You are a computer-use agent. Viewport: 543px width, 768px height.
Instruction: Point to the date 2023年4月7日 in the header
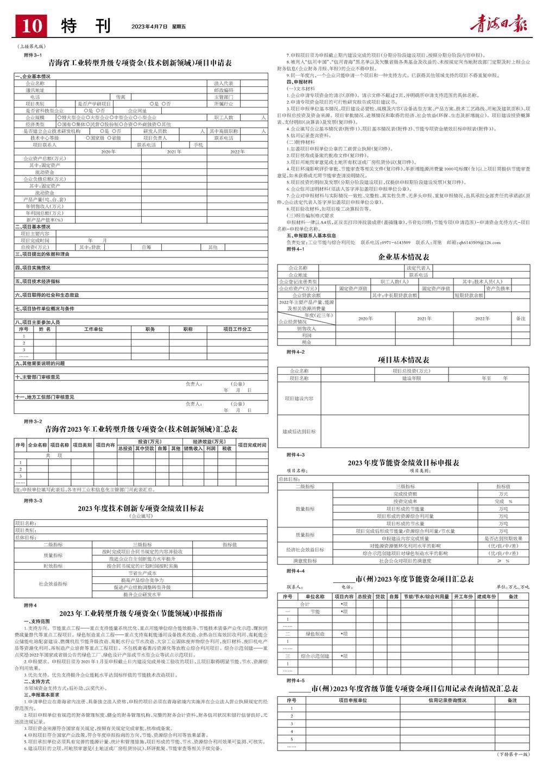tap(150, 26)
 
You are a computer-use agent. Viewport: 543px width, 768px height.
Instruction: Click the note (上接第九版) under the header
tap(32, 47)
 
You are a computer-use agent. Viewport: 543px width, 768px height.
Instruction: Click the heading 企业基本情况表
tap(404, 256)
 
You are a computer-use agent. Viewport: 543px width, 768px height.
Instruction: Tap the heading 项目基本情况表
tap(404, 360)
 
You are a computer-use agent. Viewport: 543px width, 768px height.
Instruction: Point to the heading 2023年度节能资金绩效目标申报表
tap(404, 463)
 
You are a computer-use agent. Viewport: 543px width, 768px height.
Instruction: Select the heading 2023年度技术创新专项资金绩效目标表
tap(141, 508)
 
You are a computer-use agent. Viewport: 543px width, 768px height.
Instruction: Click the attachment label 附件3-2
tap(33, 421)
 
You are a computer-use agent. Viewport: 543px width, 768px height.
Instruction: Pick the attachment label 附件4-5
tap(295, 680)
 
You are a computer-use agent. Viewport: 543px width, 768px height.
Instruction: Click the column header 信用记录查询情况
tap(447, 700)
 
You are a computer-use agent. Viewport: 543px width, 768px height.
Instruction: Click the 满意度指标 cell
tap(305, 560)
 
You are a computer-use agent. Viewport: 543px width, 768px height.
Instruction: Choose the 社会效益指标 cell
tap(53, 583)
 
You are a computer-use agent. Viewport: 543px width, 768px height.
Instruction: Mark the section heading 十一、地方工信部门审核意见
tap(45, 397)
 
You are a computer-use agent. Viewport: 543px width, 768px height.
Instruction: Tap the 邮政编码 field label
tap(223, 90)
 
